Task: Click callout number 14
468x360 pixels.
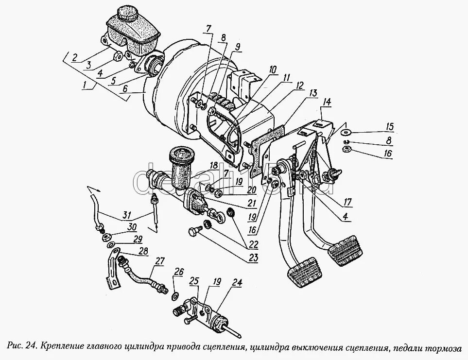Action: click(326, 102)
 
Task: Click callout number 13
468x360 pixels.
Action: click(312, 92)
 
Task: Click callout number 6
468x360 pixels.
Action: click(125, 89)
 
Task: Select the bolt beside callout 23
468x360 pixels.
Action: click(195, 233)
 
